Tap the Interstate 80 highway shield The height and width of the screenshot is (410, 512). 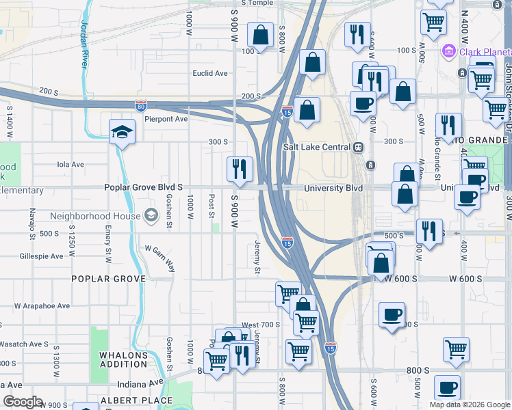coord(140,105)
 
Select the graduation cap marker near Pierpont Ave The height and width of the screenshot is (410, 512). coord(121,132)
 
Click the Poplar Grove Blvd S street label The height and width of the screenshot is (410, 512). coord(143,187)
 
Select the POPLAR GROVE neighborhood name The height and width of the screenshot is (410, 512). coord(109,279)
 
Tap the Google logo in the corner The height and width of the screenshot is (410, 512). coord(22,401)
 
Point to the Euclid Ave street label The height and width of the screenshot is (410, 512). coord(210,73)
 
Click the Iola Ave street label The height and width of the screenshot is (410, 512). coord(71,164)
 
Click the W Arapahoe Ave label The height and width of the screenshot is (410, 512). coord(42,305)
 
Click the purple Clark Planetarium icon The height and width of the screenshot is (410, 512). coord(449,51)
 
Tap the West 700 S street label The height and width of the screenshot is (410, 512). coord(261,325)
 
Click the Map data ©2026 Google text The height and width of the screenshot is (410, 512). coord(469,405)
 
